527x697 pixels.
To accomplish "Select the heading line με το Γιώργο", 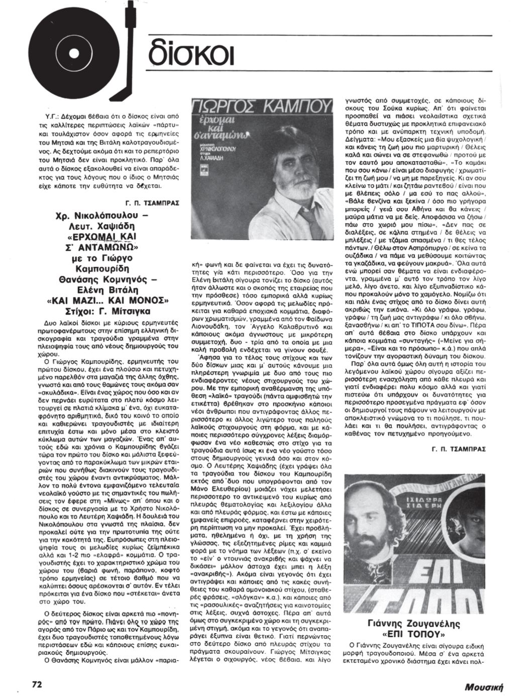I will pos(105,258).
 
